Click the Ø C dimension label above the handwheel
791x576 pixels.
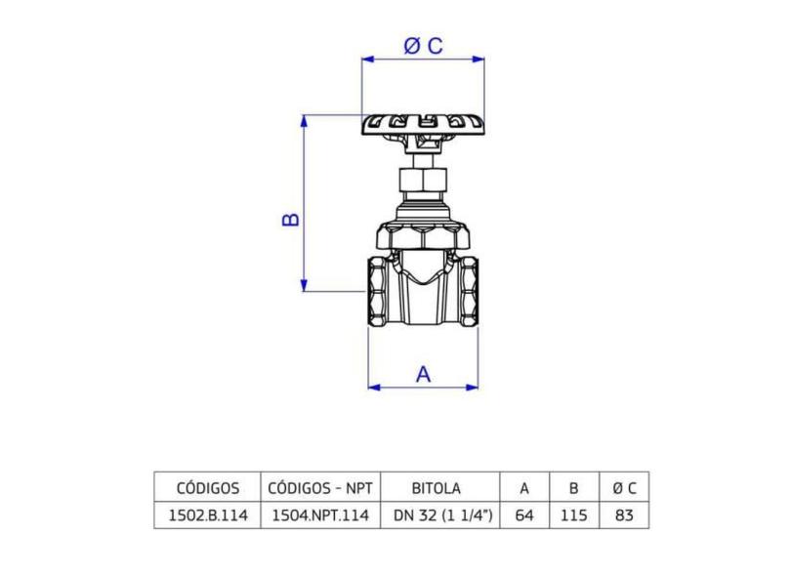pyautogui.click(x=423, y=46)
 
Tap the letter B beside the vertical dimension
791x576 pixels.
pyautogui.click(x=291, y=220)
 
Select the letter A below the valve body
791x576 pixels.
pyautogui.click(x=423, y=374)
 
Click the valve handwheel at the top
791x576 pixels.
pyautogui.click(x=423, y=125)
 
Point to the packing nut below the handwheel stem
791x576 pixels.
pyautogui.click(x=423, y=180)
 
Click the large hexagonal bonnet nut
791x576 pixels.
pyautogui.click(x=424, y=235)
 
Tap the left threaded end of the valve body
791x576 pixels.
pyautogui.click(x=378, y=292)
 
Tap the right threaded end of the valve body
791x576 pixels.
pyautogui.click(x=469, y=292)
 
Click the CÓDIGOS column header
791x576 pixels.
pyautogui.click(x=208, y=488)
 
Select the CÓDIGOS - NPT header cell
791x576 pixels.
pyautogui.click(x=320, y=488)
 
